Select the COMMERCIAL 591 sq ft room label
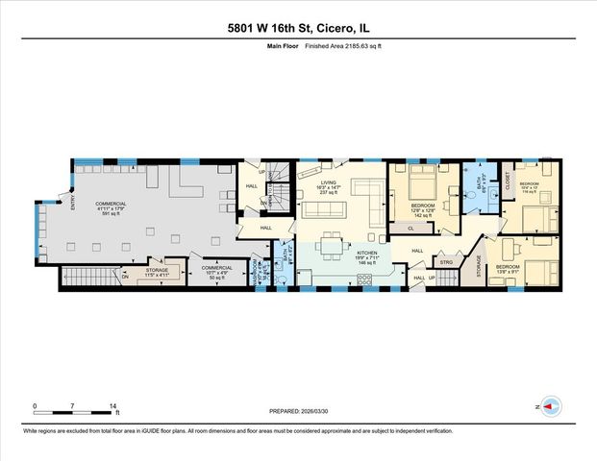111,207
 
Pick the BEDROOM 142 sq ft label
422,208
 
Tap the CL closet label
410,229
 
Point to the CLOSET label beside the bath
508,183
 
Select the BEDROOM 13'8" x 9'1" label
509,270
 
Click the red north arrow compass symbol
550,406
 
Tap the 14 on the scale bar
114,406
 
